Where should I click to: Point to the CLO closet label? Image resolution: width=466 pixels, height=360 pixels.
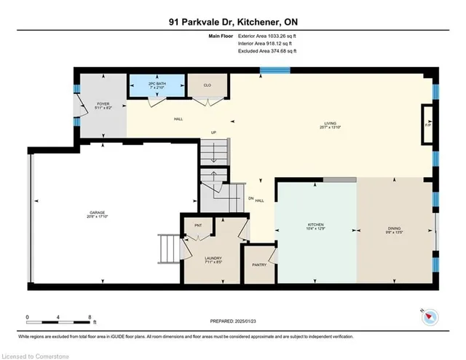(x=208, y=85)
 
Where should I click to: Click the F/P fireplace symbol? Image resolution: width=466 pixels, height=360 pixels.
(x=427, y=121)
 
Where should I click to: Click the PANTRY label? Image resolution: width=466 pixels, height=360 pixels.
(x=258, y=265)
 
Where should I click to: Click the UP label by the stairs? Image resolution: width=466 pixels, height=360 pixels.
(x=213, y=133)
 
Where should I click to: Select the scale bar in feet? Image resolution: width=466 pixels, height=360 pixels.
(x=59, y=318)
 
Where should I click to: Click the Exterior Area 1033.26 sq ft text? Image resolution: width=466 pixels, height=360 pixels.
(x=267, y=35)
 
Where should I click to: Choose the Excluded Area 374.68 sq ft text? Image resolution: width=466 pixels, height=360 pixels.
(x=267, y=51)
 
